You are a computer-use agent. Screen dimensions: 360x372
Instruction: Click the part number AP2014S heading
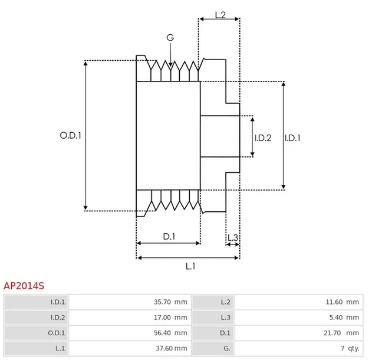tap(24, 286)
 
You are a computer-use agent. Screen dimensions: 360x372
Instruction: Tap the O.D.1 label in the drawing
tap(70, 135)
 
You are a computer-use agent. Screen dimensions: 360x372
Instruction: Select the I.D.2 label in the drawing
tap(262, 138)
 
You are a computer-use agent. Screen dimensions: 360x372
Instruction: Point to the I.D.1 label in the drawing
tap(293, 138)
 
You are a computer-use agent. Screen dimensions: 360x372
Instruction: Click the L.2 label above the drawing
tap(220, 15)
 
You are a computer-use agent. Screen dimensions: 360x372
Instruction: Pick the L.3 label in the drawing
tap(233, 238)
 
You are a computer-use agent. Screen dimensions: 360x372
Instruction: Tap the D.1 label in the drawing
tap(169, 237)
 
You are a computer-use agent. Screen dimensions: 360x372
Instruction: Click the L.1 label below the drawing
tap(190, 266)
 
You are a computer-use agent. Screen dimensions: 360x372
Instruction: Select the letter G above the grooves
tap(170, 37)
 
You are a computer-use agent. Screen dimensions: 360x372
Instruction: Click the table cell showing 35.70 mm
tap(170, 302)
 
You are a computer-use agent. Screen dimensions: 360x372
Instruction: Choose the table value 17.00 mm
tap(170, 318)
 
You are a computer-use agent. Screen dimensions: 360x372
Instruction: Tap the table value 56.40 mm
tap(170, 333)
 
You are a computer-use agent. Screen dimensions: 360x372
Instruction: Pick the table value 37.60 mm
tap(170, 348)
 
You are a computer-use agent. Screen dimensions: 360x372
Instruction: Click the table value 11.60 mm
tap(342, 302)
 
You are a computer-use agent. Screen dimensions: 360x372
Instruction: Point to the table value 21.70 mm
tap(342, 333)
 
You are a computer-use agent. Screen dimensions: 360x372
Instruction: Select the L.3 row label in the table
tap(225, 318)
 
